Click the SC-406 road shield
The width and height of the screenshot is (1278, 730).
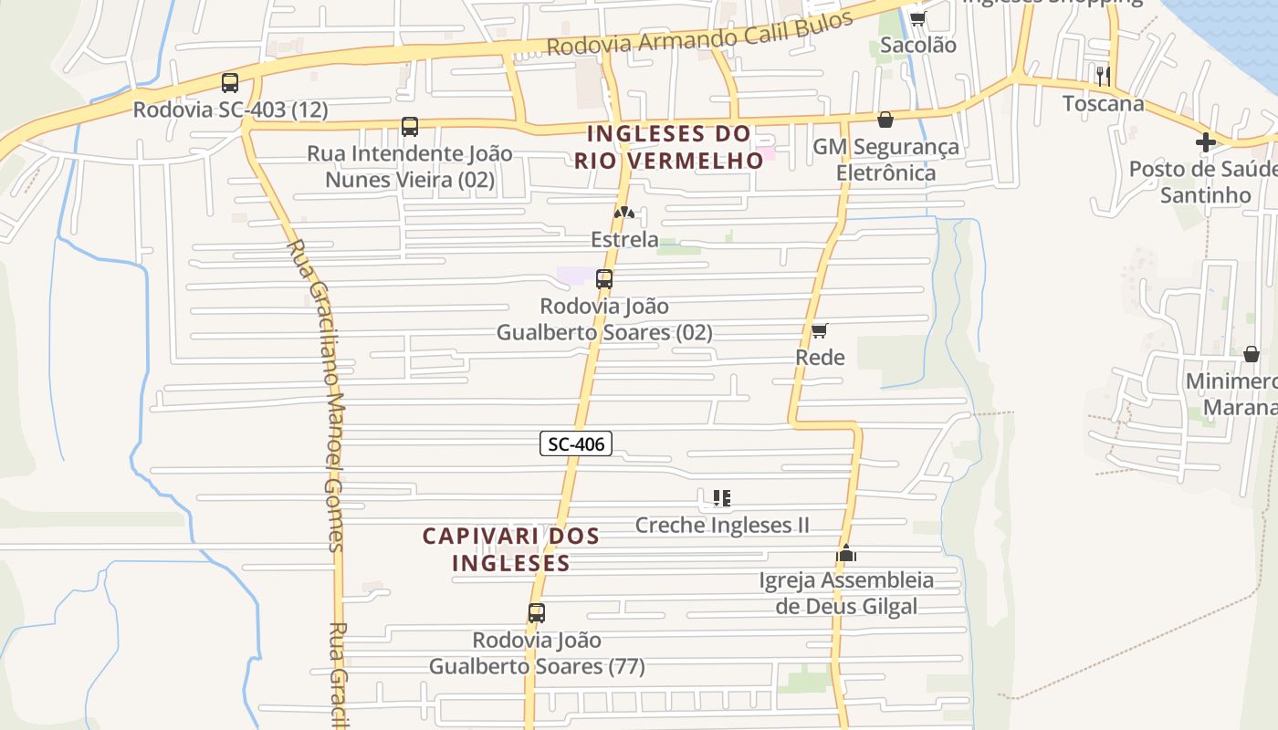tap(575, 444)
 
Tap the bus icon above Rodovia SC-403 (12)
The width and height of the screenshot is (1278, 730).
tap(230, 83)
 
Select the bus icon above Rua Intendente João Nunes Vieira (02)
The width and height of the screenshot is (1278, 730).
tap(410, 127)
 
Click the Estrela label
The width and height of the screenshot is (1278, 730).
tap(624, 240)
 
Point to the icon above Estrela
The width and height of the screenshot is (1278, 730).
tap(624, 214)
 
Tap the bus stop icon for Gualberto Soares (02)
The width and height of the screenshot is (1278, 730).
tap(604, 279)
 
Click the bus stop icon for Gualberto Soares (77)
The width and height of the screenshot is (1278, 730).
tap(537, 613)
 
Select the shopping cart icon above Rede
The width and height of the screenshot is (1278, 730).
tap(820, 330)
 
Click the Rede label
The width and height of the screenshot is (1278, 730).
tap(820, 358)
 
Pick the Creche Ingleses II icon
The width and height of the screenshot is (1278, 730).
tap(722, 498)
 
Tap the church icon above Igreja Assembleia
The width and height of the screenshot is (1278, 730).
tap(846, 553)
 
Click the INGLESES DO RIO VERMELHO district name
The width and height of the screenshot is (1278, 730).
tap(669, 147)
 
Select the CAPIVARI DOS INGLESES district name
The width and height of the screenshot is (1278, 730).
tap(511, 549)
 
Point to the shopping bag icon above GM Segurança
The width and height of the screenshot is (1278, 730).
tap(885, 120)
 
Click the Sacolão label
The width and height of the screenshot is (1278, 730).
tap(918, 45)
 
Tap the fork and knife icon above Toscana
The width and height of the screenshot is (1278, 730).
tap(1103, 76)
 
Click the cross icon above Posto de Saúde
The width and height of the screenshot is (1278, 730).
tap(1206, 142)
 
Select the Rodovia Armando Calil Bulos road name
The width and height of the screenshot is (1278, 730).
tap(699, 34)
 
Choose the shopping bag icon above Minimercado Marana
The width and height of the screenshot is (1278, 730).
tap(1252, 354)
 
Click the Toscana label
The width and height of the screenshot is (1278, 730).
tap(1103, 103)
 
